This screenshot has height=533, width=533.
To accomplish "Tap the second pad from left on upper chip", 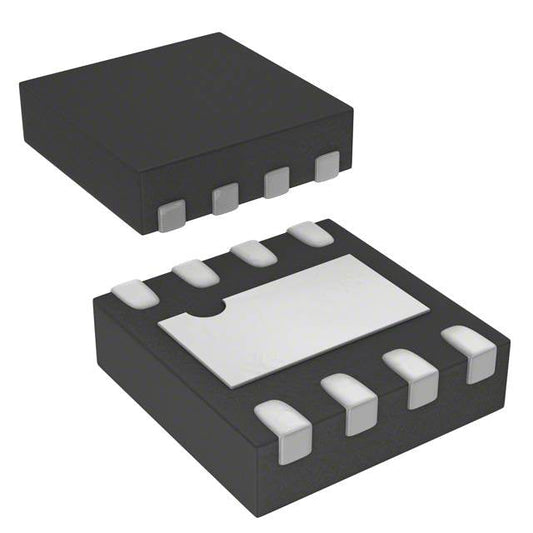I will coord(226,198).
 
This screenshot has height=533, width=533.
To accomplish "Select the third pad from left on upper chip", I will coord(276,183).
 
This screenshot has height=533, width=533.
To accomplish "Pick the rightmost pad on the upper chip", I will coord(326,167).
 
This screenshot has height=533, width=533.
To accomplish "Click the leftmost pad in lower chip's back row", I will coord(131,292).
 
